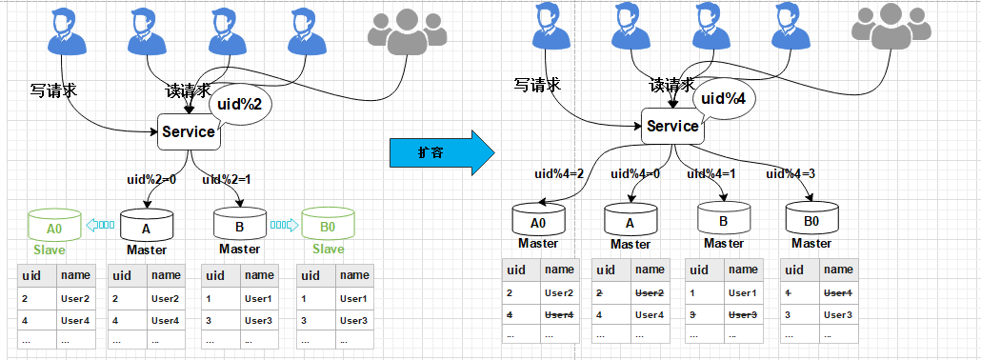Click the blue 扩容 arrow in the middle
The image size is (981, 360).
click(442, 152)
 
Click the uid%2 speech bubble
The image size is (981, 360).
click(239, 103)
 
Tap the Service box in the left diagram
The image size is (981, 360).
click(188, 132)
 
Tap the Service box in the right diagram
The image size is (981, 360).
click(672, 126)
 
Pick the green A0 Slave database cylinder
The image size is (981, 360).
click(54, 227)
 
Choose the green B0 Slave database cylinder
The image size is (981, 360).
click(328, 227)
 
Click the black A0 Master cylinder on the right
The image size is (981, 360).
click(538, 220)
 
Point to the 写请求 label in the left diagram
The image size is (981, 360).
click(53, 91)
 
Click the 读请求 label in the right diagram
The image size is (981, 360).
click(672, 85)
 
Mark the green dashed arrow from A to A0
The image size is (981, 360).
click(100, 226)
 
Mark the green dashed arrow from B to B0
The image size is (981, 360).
click(283, 226)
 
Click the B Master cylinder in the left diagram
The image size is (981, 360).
click(239, 226)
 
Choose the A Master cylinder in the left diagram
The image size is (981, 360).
click(147, 226)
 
